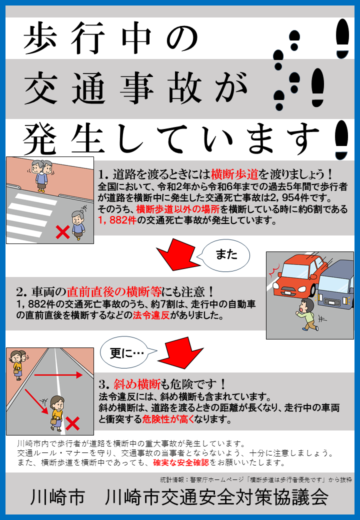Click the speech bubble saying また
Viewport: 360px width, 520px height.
224,255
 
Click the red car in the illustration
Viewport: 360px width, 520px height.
294,276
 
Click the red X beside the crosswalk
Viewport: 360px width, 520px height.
62,231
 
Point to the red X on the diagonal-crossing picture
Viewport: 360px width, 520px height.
73,424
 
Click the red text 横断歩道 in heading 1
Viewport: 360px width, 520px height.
235,174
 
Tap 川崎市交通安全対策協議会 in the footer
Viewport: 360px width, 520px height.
217,497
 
